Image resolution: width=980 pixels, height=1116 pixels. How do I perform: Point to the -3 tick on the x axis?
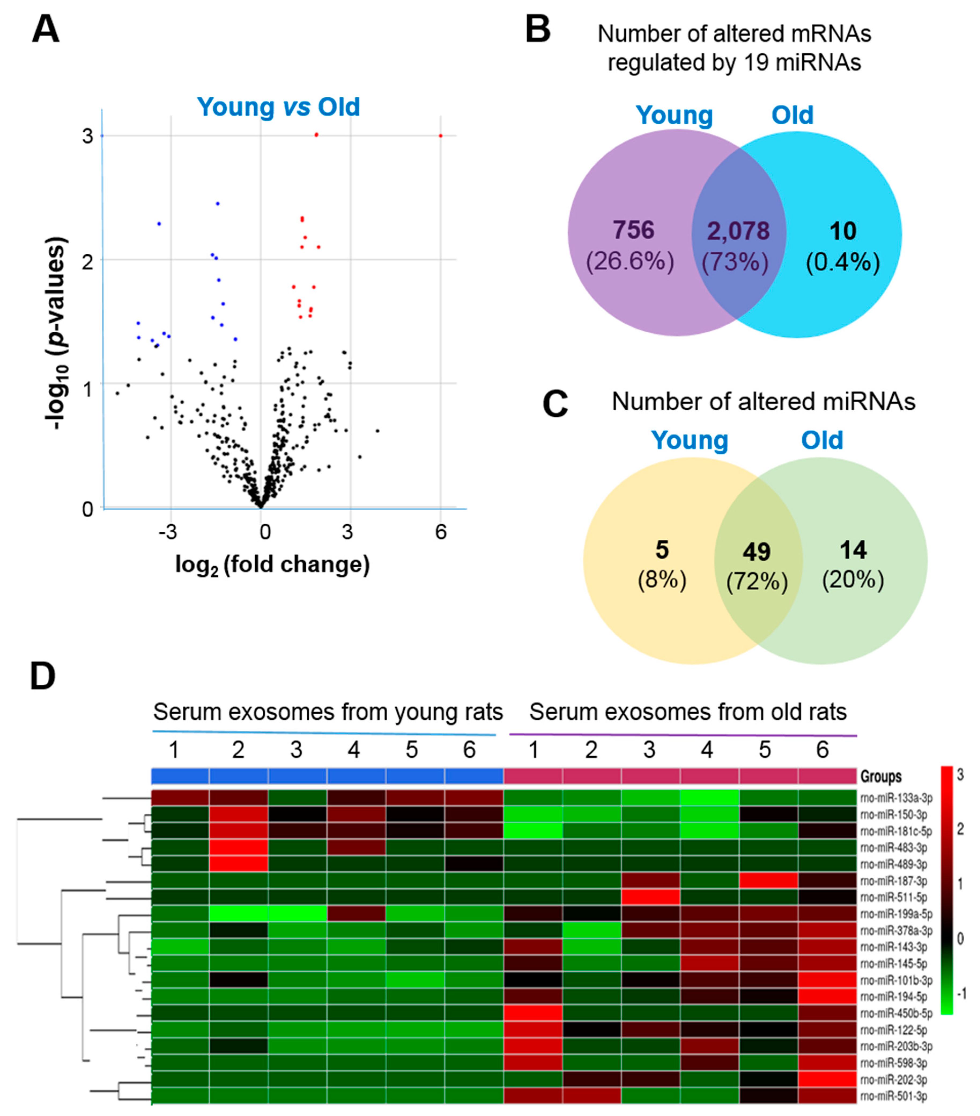click(x=168, y=531)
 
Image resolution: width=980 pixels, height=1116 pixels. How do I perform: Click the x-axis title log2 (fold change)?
click(x=272, y=564)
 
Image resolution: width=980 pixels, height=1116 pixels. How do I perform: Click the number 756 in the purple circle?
click(x=633, y=230)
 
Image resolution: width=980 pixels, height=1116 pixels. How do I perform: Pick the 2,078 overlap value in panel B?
click(x=738, y=231)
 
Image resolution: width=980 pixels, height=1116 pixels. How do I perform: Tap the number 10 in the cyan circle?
click(x=842, y=231)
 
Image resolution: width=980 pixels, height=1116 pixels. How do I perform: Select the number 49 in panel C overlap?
click(x=756, y=552)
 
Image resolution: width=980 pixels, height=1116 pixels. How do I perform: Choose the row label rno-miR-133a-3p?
click(x=896, y=798)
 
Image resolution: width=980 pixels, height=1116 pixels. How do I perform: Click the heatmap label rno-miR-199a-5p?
click(x=896, y=914)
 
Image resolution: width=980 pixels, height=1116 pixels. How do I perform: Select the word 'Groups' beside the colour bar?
click(x=881, y=776)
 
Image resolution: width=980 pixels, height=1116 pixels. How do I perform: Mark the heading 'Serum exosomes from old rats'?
click(x=687, y=712)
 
